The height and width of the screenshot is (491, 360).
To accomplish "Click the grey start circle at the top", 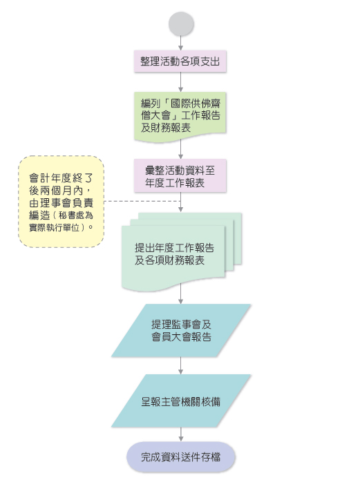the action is pyautogui.click(x=181, y=23).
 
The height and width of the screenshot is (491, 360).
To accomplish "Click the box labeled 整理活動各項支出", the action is pyautogui.click(x=180, y=61).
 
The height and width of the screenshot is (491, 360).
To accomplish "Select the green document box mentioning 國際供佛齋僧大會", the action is pyautogui.click(x=180, y=117).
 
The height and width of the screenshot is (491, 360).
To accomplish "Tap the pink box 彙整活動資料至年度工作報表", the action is pyautogui.click(x=180, y=175).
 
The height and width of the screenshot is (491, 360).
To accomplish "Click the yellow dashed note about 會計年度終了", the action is pyautogui.click(x=61, y=202).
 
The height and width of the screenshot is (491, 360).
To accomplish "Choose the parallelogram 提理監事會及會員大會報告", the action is pyautogui.click(x=181, y=330).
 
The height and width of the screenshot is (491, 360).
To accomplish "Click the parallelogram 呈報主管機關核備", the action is pyautogui.click(x=181, y=401).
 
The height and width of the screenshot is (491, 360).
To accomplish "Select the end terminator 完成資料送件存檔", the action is pyautogui.click(x=181, y=457).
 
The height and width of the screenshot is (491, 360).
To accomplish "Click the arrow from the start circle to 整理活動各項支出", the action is pyautogui.click(x=181, y=44).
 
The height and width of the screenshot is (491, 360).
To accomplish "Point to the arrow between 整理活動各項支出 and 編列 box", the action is pyautogui.click(x=181, y=82).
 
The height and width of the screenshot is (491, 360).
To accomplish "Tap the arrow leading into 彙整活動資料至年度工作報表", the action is pyautogui.click(x=181, y=150).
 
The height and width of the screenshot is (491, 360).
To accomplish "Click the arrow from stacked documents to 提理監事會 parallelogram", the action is pyautogui.click(x=181, y=293).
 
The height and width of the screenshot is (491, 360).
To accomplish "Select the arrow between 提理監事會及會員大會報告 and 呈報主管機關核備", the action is pyautogui.click(x=181, y=366).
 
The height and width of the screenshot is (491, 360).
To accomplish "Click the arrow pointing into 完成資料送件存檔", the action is pyautogui.click(x=181, y=434).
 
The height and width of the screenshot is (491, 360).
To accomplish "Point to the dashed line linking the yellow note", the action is pyautogui.click(x=142, y=201).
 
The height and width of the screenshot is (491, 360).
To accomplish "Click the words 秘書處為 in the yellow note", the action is pyautogui.click(x=76, y=215).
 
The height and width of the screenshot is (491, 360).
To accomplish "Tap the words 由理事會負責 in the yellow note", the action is pyautogui.click(x=61, y=203).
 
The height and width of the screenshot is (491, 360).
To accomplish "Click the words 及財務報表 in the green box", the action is pyautogui.click(x=166, y=128).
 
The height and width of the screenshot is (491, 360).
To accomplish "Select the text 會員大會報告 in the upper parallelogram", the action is pyautogui.click(x=182, y=336).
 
